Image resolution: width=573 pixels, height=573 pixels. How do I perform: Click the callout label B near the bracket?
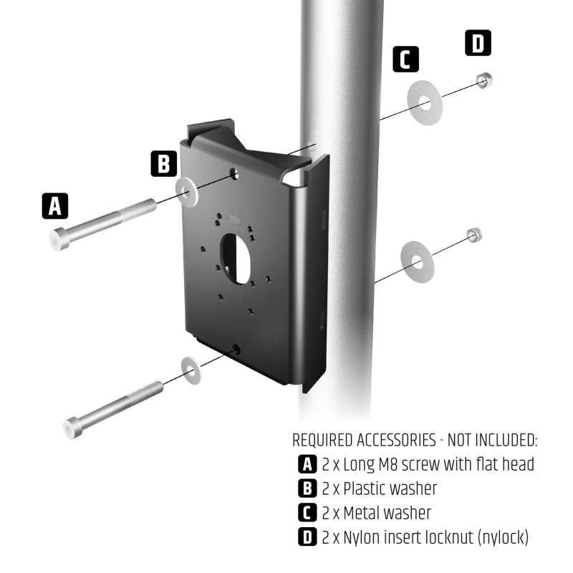tap(164, 164)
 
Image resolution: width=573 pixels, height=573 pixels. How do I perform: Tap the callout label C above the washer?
tap(406, 59)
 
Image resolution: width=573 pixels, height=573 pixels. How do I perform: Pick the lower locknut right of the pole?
tap(473, 235)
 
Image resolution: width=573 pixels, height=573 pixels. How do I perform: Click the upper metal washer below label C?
tap(425, 100)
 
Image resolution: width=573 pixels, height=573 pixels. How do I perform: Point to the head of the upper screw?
tap(59, 239)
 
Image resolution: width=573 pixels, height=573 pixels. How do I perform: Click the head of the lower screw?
tap(75, 428)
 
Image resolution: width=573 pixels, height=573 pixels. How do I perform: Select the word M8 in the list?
tap(377, 464)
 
